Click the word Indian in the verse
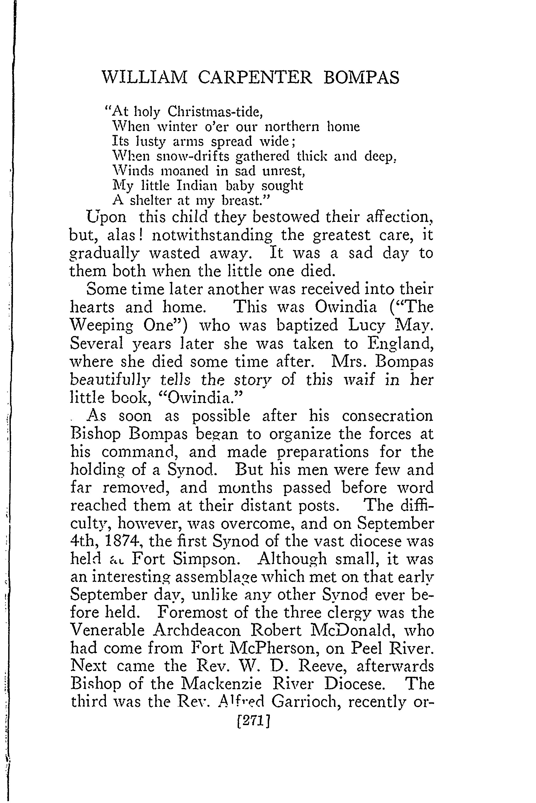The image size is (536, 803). pyautogui.click(x=197, y=186)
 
